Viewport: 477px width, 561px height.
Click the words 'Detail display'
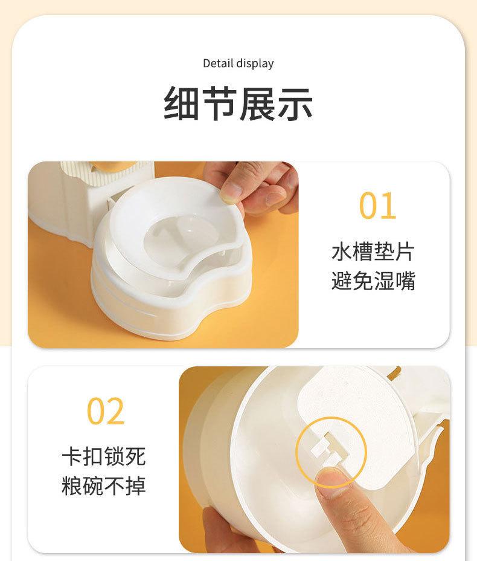click(x=238, y=63)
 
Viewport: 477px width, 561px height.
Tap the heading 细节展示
click(x=238, y=104)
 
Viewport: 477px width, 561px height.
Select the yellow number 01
click(x=377, y=206)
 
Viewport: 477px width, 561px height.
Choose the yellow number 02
click(x=106, y=411)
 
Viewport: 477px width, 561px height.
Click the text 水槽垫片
click(x=373, y=252)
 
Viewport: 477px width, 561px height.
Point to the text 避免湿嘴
click(x=373, y=280)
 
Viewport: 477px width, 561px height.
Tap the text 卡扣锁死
click(x=104, y=456)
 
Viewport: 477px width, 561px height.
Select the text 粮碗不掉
click(x=104, y=485)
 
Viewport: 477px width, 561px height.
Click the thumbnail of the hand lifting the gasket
click(x=163, y=255)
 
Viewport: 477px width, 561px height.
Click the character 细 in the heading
click(x=182, y=104)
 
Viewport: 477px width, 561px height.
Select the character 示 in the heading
click(x=295, y=104)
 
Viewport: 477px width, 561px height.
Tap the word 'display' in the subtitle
click(x=255, y=63)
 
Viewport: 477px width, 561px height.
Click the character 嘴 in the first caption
click(x=405, y=280)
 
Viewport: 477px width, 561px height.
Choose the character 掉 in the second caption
click(x=135, y=485)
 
